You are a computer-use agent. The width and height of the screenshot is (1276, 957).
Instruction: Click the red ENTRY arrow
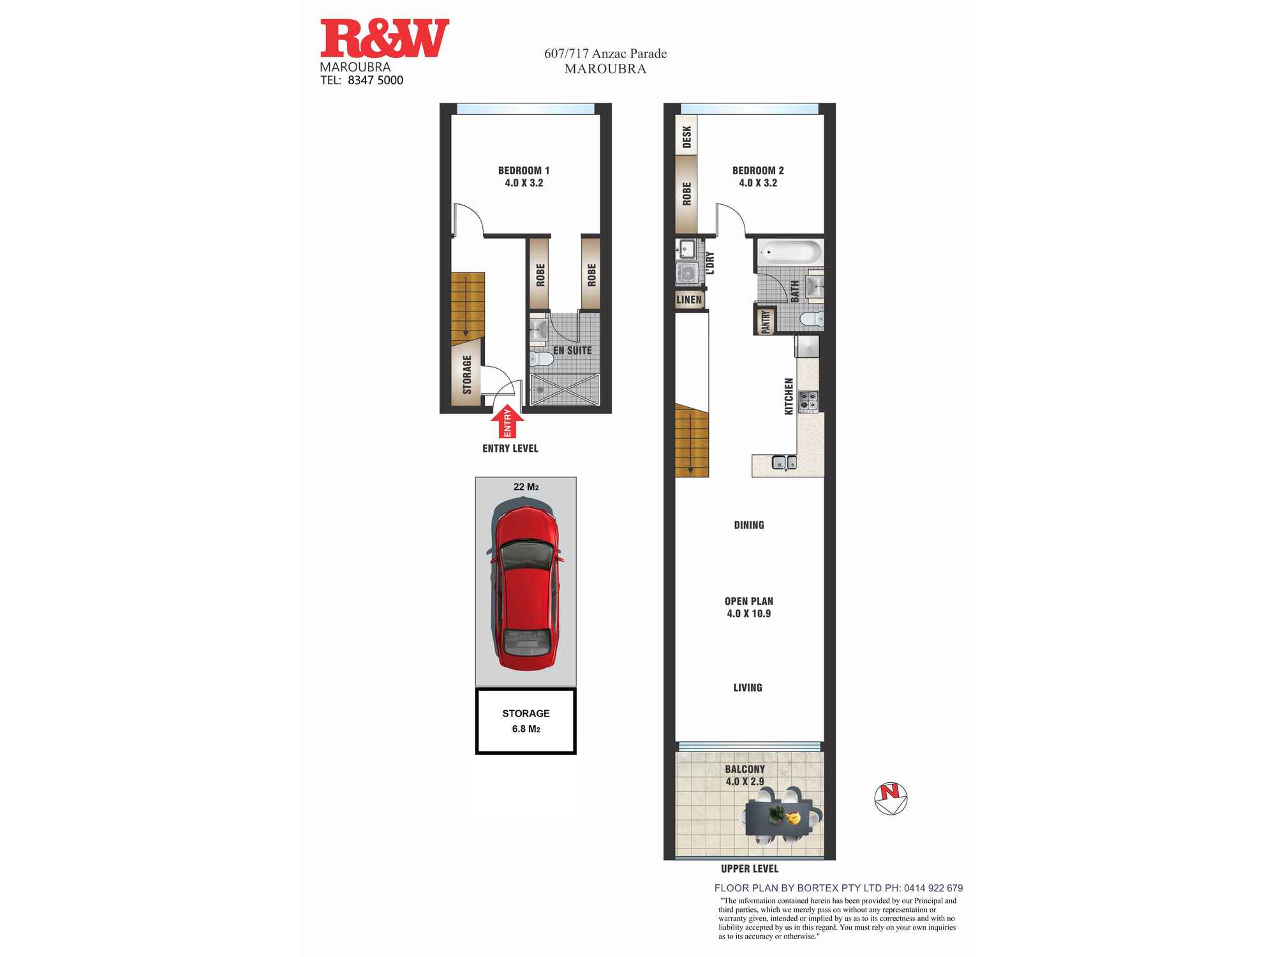point(508,422)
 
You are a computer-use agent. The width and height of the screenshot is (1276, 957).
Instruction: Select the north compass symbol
point(891,798)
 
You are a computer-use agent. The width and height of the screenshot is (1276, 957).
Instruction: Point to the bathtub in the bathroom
point(789,253)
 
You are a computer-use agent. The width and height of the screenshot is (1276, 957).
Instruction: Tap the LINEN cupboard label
point(689,300)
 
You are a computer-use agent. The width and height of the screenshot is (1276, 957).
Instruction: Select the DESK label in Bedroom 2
point(686,136)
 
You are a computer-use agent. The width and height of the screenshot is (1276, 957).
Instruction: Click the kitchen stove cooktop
point(808,401)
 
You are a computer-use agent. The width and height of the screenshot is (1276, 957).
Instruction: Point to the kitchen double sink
point(784,462)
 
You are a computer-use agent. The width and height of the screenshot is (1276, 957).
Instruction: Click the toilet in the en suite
point(542,359)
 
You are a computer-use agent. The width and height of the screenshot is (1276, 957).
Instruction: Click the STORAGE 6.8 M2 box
point(526,721)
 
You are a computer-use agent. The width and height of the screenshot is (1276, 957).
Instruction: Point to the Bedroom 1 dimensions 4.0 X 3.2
point(524,183)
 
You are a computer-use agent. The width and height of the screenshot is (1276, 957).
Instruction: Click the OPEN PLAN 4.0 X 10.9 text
point(748,607)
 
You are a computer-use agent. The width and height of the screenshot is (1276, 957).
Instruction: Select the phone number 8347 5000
point(375,80)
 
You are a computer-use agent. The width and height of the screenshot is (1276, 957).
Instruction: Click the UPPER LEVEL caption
point(750,869)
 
